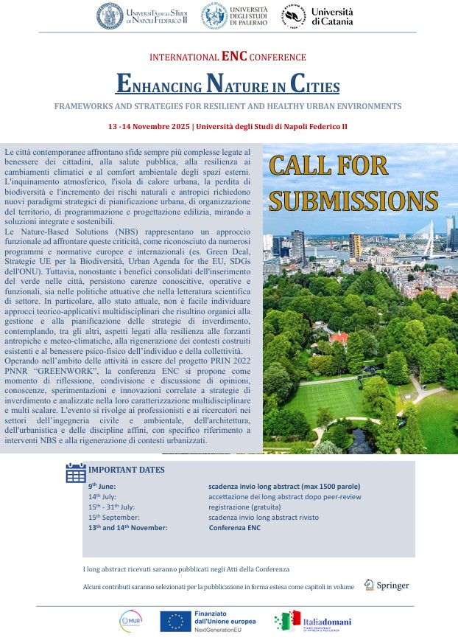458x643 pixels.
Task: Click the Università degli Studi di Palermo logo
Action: (x=236, y=15)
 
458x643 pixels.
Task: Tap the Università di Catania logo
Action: (x=316, y=16)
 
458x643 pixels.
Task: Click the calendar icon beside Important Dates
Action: (x=76, y=473)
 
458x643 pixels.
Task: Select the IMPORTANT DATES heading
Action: (x=127, y=470)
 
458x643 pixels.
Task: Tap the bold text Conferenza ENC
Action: (x=235, y=528)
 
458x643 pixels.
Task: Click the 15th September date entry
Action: (x=114, y=518)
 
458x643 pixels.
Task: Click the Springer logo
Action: (x=388, y=585)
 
